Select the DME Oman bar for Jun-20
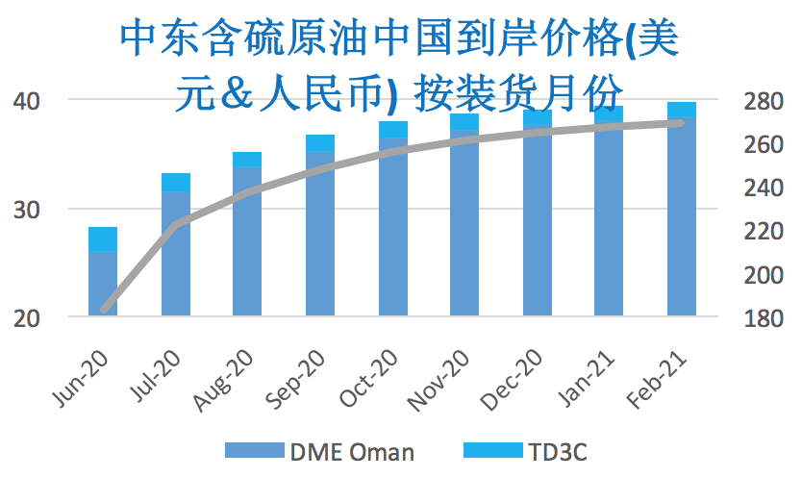click(103, 284)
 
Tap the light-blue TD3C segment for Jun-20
click(103, 239)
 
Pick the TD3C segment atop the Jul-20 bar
click(175, 183)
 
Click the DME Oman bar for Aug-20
click(247, 240)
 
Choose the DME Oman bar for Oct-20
click(392, 227)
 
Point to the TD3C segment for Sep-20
click(320, 142)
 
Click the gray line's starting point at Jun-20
click(103, 310)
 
